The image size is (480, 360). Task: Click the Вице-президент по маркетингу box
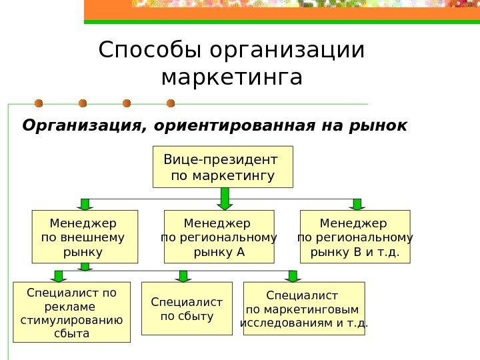click(x=223, y=167)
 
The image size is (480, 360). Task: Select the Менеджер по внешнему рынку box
click(x=85, y=237)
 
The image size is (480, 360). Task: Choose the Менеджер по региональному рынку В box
click(x=355, y=237)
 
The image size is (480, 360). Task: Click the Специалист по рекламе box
click(x=71, y=312)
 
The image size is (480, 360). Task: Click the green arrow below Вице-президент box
click(x=225, y=198)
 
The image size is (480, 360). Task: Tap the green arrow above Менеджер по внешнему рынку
click(x=85, y=204)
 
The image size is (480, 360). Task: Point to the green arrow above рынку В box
click(x=357, y=204)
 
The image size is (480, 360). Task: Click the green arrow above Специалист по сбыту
click(x=184, y=275)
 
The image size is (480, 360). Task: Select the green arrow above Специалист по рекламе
click(x=59, y=275)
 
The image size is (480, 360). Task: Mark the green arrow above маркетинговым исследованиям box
click(x=291, y=275)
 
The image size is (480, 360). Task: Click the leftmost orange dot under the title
click(x=39, y=103)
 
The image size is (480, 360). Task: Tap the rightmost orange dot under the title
click(x=171, y=103)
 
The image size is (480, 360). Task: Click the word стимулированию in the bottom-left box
click(x=71, y=319)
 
